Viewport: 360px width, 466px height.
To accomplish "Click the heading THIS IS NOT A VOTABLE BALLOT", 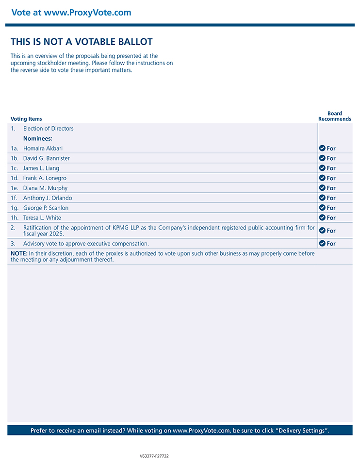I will click(82, 42).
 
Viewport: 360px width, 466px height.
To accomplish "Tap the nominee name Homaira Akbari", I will click(43, 149).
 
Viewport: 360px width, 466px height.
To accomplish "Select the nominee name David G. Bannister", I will click(47, 158).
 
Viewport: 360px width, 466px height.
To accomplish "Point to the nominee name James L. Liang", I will click(41, 168).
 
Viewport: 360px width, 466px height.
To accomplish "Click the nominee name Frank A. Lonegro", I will click(45, 178).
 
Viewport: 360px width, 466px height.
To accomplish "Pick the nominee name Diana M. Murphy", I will click(45, 188).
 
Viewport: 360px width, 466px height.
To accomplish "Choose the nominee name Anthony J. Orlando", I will click(48, 198).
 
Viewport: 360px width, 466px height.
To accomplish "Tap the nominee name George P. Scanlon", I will click(46, 208).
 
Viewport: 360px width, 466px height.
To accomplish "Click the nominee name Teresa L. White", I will click(42, 218).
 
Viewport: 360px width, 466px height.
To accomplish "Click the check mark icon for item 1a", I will click(322, 148).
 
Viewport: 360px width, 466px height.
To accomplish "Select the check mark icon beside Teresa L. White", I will click(322, 218).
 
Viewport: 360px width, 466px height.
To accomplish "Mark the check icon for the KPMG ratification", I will click(322, 231).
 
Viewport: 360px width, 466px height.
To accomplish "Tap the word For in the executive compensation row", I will click(331, 244).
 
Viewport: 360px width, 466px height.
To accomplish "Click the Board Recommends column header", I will click(335, 116).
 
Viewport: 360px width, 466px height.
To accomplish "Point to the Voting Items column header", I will click(26, 119).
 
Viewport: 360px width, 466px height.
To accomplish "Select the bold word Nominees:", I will click(38, 138).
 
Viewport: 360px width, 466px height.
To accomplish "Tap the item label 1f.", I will click(15, 198).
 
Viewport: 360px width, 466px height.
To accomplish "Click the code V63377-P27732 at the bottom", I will click(154, 456).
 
